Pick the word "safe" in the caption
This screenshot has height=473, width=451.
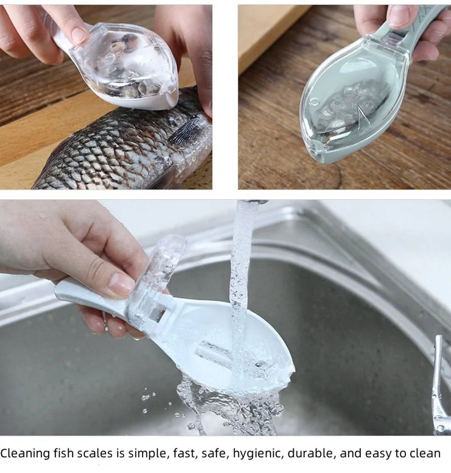[217, 453]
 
